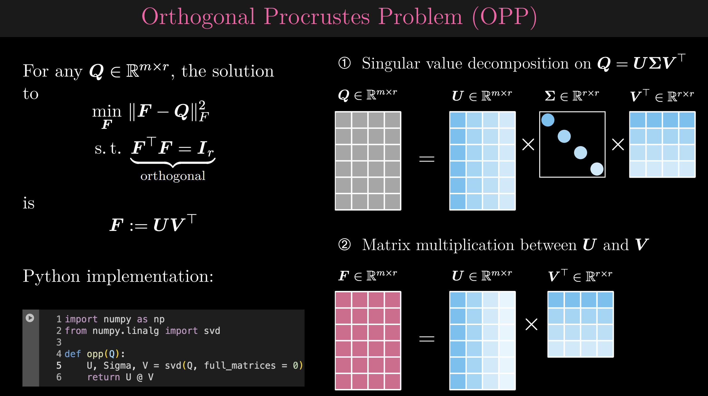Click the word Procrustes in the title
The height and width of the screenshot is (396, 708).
click(x=317, y=17)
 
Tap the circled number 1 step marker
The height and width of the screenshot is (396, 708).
click(x=344, y=63)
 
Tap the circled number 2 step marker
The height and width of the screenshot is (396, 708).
click(x=344, y=244)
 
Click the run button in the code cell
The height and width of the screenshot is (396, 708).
click(x=30, y=318)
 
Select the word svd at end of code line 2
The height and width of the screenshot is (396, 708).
click(x=212, y=331)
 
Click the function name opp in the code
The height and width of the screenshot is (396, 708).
click(x=95, y=354)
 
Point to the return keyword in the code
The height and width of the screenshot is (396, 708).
click(x=103, y=377)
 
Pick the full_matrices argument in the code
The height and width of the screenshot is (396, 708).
click(x=240, y=365)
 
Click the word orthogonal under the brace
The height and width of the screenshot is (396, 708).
click(x=173, y=176)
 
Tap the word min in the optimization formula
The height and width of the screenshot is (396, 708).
click(x=107, y=112)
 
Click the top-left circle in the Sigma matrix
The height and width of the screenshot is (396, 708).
click(x=548, y=120)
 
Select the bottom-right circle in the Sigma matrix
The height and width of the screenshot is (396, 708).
click(x=597, y=169)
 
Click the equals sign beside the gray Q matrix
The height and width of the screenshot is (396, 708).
click(x=426, y=159)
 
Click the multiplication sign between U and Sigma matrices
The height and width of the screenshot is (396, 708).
click(x=528, y=145)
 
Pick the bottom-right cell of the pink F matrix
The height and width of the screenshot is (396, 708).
click(x=392, y=381)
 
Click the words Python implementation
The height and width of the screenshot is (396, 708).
click(x=118, y=276)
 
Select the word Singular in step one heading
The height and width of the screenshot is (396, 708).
click(x=391, y=64)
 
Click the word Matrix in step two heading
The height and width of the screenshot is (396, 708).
click(x=386, y=245)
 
